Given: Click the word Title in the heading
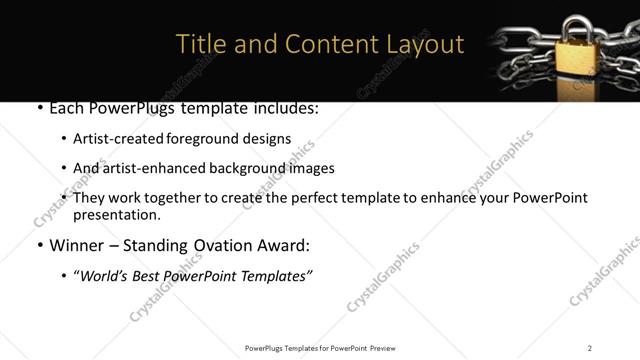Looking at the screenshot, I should pyautogui.click(x=200, y=45).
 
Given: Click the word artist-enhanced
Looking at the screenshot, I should pyautogui.click(x=144, y=168).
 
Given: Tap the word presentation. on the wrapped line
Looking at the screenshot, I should pyautogui.click(x=116, y=215).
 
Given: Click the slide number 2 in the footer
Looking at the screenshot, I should pyautogui.click(x=589, y=348).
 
